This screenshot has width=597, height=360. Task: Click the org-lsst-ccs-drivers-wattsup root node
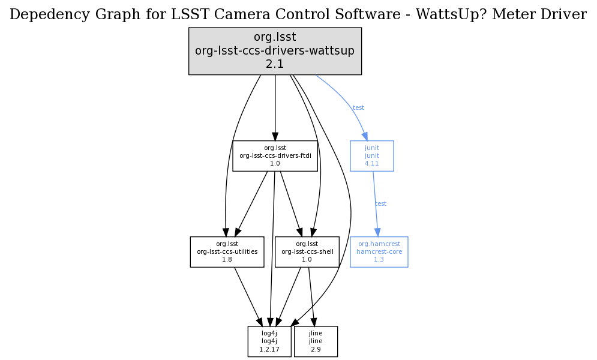click(x=275, y=51)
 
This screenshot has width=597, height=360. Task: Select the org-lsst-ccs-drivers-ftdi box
click(x=275, y=156)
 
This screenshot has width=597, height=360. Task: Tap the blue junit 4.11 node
click(x=371, y=156)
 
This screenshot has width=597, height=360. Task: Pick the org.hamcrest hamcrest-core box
click(x=379, y=252)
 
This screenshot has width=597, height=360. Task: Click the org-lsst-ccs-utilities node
click(x=227, y=252)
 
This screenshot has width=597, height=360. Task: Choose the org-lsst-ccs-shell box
click(x=307, y=252)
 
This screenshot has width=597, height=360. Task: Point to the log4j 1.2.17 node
click(x=269, y=341)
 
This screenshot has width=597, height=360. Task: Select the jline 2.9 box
click(x=316, y=341)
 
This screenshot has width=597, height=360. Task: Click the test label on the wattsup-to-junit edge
click(x=358, y=108)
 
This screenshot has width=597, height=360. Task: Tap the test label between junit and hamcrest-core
click(x=380, y=204)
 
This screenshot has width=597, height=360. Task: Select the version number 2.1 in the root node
click(x=275, y=64)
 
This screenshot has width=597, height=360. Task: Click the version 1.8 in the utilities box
click(x=227, y=260)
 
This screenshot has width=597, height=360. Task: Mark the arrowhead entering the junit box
click(x=364, y=136)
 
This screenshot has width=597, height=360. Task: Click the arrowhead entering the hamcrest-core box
click(x=377, y=232)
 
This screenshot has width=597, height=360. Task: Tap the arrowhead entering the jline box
click(x=313, y=322)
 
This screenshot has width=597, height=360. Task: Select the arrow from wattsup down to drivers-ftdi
click(x=275, y=108)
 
